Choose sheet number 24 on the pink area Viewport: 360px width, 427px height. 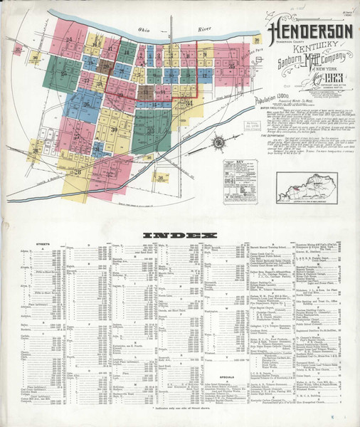(x=69, y=40)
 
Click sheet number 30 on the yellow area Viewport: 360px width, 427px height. (x=113, y=130)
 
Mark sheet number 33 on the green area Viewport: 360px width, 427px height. (x=150, y=131)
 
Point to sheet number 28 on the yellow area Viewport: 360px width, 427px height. (x=77, y=172)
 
